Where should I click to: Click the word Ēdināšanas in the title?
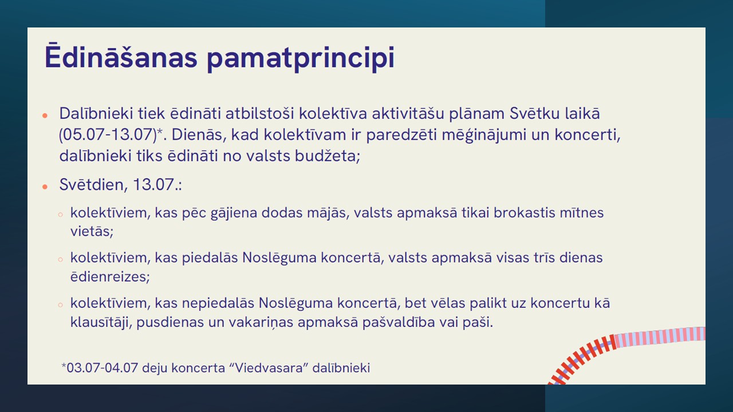click(121, 56)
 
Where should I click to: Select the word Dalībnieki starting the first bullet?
click(96, 113)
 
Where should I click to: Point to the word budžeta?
click(328, 155)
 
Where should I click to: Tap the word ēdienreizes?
click(110, 276)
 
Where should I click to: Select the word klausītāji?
click(101, 322)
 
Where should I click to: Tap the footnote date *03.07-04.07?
click(100, 368)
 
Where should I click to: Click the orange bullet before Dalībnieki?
click(45, 116)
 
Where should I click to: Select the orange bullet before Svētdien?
click(45, 187)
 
